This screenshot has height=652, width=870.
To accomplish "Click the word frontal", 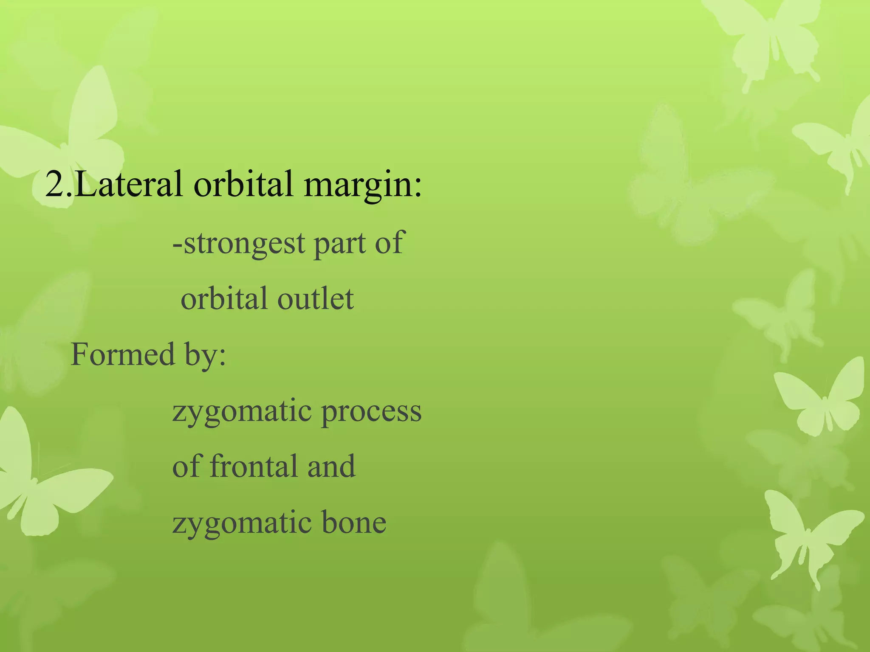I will click(254, 466).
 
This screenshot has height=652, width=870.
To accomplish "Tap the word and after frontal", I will click(331, 466).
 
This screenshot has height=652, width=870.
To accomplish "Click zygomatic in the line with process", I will click(242, 412).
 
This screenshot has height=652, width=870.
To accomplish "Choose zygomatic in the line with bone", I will click(242, 523).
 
